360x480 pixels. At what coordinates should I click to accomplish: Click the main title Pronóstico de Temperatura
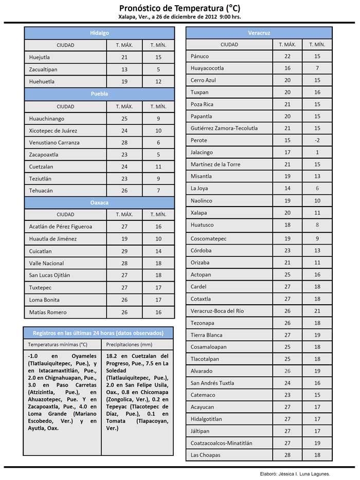pyautogui.click(x=179, y=8)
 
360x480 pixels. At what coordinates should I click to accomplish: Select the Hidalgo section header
pyautogui.click(x=99, y=33)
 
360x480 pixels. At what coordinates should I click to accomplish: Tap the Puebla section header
pyautogui.click(x=99, y=94)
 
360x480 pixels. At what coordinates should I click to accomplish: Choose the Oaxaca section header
pyautogui.click(x=99, y=202)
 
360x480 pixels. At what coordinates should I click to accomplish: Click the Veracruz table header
pyautogui.click(x=259, y=33)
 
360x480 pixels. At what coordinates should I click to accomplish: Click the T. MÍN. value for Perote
pyautogui.click(x=317, y=140)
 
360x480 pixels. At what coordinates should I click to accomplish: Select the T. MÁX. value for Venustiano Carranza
pyautogui.click(x=124, y=142)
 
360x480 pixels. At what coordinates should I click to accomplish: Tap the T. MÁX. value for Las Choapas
pyautogui.click(x=287, y=455)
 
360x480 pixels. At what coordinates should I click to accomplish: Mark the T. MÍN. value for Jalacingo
pyautogui.click(x=317, y=152)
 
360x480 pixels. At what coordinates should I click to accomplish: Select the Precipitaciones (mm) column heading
pyautogui.click(x=129, y=344)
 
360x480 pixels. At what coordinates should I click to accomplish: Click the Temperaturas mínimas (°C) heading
pyautogui.click(x=58, y=344)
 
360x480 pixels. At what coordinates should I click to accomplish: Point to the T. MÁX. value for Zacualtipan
pyautogui.click(x=124, y=69)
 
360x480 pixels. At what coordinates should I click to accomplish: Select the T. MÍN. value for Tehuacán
pyautogui.click(x=158, y=191)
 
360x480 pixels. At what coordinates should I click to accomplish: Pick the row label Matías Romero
pyautogui.click(x=48, y=312)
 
